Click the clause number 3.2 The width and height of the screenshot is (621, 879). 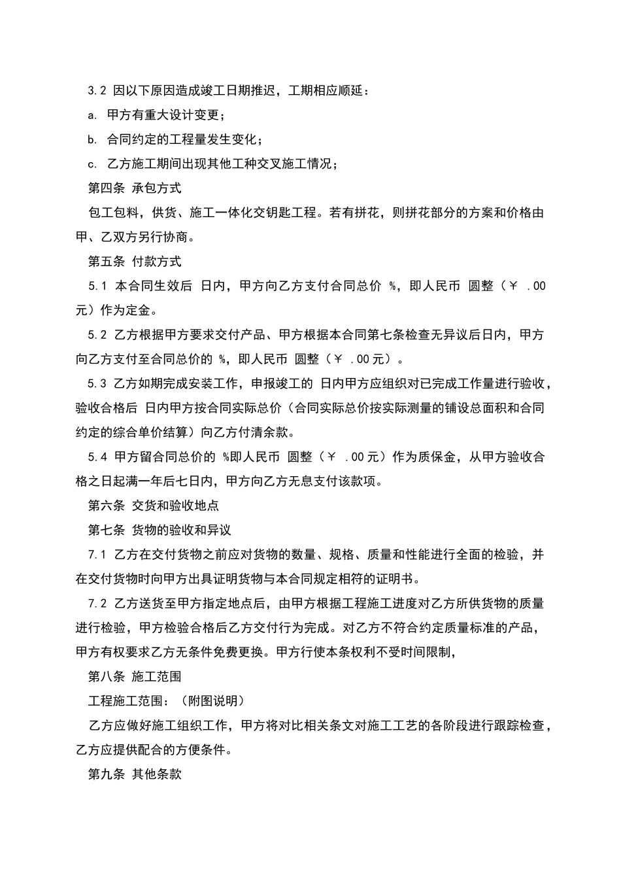pyautogui.click(x=97, y=91)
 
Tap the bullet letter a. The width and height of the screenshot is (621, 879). pyautogui.click(x=92, y=116)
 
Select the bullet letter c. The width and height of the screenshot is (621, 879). pyautogui.click(x=92, y=164)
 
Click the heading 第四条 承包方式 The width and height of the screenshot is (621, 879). pyautogui.click(x=135, y=188)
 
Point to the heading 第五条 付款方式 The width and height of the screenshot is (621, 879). pyautogui.click(x=135, y=262)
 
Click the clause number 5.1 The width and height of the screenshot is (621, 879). pyautogui.click(x=97, y=286)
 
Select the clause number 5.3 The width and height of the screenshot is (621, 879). pyautogui.click(x=97, y=384)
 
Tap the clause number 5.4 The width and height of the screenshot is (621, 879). pyautogui.click(x=97, y=457)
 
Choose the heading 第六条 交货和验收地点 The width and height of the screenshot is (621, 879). pyautogui.click(x=154, y=506)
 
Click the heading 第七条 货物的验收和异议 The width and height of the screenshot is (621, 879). pyautogui.click(x=159, y=530)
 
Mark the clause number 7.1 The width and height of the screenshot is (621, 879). pyautogui.click(x=97, y=555)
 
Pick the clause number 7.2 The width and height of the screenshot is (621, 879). pyautogui.click(x=97, y=604)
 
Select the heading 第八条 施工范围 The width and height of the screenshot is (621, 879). pyautogui.click(x=135, y=677)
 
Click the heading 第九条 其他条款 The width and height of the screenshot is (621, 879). pyautogui.click(x=135, y=774)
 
